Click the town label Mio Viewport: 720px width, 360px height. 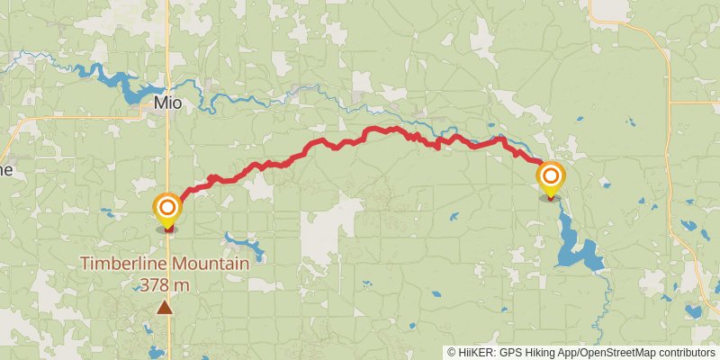pos(167,103)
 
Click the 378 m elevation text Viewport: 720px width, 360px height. pos(165,284)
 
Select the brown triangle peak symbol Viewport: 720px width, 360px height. pos(165,308)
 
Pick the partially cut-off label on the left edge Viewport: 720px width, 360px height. pos(5,169)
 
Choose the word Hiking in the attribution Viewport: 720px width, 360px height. pos(542,353)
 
